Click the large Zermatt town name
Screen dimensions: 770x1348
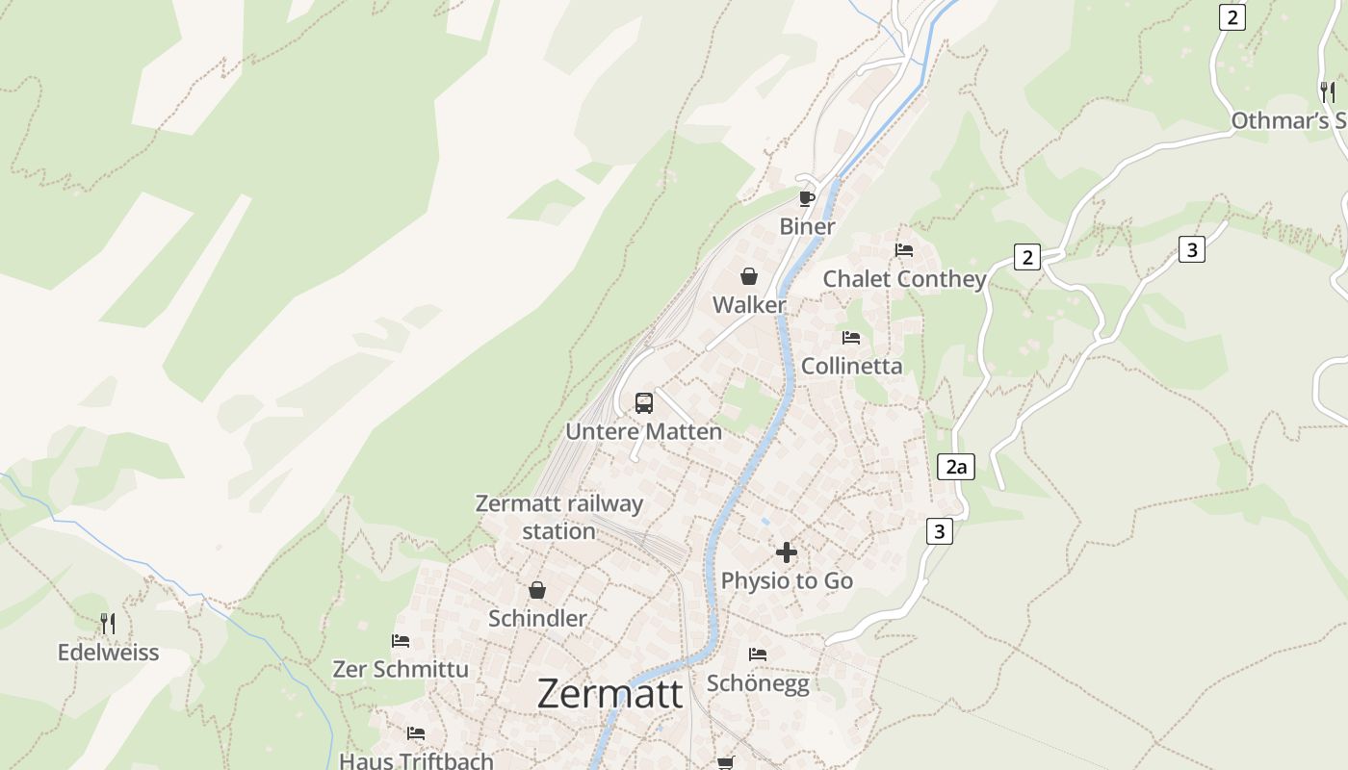click(609, 693)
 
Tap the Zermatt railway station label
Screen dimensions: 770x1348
click(558, 517)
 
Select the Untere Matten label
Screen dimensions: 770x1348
click(643, 431)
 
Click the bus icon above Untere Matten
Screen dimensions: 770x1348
click(644, 403)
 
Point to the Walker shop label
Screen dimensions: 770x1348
click(749, 305)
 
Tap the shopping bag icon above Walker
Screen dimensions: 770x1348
click(749, 277)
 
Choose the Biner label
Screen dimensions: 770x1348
click(807, 226)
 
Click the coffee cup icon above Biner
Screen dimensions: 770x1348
click(807, 199)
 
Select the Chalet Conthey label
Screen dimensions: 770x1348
click(904, 279)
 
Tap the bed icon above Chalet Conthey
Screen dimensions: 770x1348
click(904, 250)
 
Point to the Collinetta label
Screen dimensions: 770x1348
click(852, 366)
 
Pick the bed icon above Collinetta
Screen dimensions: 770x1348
click(851, 338)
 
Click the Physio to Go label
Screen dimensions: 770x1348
click(787, 580)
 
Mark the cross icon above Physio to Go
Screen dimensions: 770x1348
click(787, 552)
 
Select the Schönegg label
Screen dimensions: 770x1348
click(758, 682)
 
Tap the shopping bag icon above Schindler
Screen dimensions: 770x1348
click(537, 590)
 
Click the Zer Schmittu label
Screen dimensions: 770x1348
click(401, 669)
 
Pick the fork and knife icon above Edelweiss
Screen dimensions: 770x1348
click(108, 624)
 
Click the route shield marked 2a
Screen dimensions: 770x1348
click(955, 468)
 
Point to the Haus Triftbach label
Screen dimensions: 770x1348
click(416, 760)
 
